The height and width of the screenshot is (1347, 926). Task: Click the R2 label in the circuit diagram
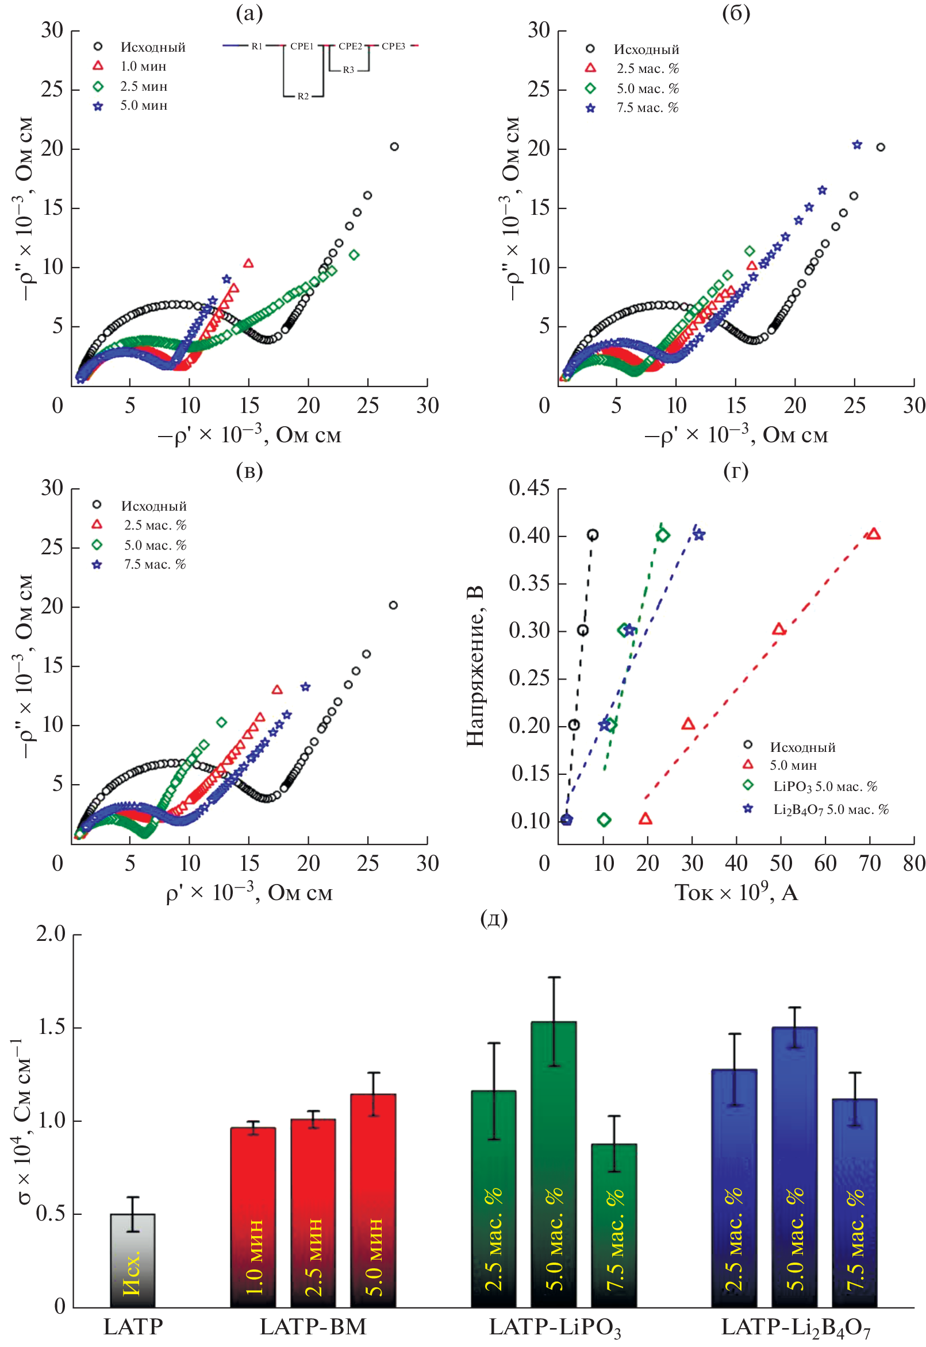coord(303,97)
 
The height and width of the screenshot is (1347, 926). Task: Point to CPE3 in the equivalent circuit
coord(393,47)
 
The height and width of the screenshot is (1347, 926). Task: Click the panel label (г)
coord(735,471)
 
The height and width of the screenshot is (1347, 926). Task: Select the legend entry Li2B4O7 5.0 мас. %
coord(830,809)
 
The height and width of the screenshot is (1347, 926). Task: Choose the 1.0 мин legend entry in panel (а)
coord(143,67)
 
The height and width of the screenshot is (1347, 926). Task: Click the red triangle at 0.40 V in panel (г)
coord(873,534)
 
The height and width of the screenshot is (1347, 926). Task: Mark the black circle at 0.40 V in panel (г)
coord(592,535)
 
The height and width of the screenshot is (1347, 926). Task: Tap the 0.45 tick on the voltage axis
coord(529,488)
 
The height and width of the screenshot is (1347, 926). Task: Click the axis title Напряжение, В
coord(475,666)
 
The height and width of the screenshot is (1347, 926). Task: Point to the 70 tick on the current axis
coord(870,864)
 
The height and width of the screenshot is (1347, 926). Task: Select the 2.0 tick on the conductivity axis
coord(51,934)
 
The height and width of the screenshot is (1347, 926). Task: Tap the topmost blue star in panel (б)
coord(857,145)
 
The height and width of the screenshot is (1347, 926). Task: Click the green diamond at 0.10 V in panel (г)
coord(604,820)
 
